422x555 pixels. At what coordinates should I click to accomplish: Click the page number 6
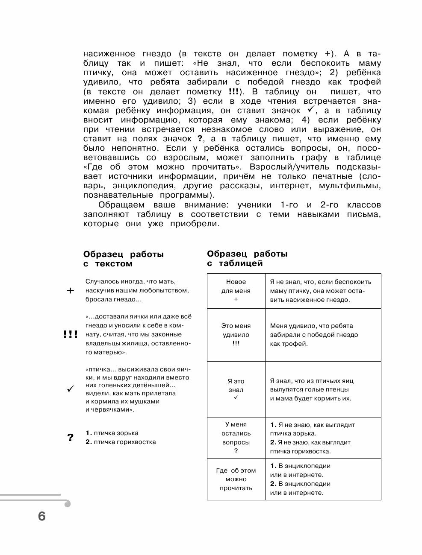pos(41,516)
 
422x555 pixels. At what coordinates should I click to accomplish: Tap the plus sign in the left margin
pos(70,291)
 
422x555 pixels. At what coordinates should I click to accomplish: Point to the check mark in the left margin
pos(71,389)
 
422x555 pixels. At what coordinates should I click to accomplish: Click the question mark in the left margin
pos(71,438)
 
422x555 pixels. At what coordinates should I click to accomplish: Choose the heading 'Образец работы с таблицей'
pos(247,259)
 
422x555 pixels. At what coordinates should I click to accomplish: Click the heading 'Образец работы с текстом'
pos(124,259)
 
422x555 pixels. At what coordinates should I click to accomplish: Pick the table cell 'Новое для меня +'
pos(236,291)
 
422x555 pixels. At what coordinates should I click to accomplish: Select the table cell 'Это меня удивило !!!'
pos(236,335)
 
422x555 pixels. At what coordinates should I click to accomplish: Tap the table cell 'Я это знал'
pos(236,389)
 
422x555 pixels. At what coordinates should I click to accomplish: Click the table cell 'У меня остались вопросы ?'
pos(236,438)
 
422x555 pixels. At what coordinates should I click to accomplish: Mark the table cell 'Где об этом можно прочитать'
pos(236,479)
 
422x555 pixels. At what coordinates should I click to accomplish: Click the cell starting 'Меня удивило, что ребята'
pos(323,335)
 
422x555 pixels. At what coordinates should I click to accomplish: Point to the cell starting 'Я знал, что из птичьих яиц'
pos(323,389)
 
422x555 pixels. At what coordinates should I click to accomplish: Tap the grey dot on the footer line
pos(67,504)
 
